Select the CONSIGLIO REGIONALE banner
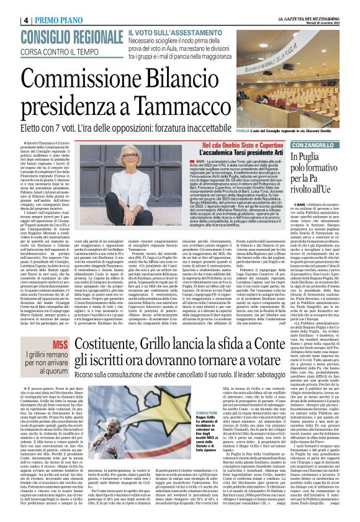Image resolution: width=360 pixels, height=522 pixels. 63,35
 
